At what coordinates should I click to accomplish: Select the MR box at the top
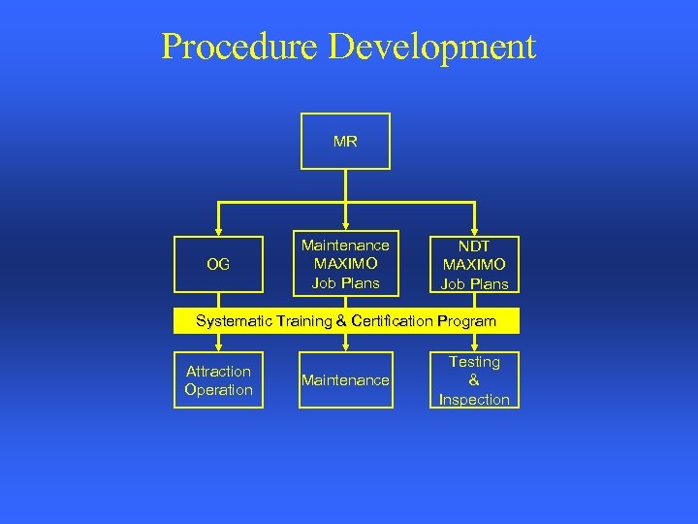(345, 142)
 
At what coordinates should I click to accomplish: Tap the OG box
(218, 264)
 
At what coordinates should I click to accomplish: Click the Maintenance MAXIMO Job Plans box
(345, 264)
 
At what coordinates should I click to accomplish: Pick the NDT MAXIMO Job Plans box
(474, 265)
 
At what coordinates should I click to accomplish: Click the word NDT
(474, 246)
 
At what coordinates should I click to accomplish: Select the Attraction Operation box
(218, 380)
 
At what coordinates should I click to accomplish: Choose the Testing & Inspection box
(474, 380)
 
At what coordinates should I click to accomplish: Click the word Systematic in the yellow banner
(234, 321)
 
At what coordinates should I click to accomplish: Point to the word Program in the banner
(468, 321)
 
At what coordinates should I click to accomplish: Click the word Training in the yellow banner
(304, 321)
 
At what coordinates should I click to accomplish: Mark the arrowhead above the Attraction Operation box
(218, 346)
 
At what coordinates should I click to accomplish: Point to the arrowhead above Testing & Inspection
(474, 346)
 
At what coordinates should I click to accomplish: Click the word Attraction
(218, 372)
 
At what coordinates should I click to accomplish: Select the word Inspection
(474, 400)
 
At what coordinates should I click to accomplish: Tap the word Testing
(474, 362)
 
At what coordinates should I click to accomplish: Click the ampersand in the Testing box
(474, 380)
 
